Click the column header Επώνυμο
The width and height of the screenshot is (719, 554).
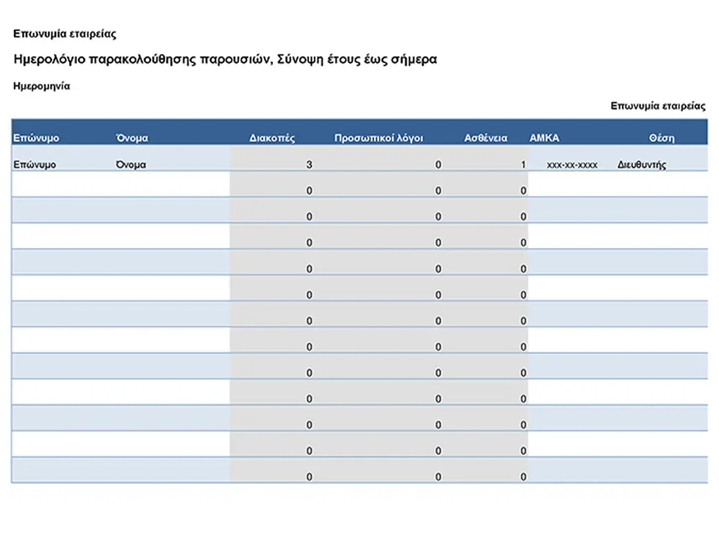[36, 138]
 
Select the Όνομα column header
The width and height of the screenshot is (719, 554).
[132, 138]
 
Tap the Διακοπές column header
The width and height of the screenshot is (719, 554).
[272, 138]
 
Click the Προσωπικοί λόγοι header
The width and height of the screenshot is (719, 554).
[378, 138]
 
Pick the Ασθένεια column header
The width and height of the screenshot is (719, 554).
[485, 138]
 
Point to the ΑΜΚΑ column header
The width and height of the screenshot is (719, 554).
[544, 138]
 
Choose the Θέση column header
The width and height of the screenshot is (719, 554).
[662, 138]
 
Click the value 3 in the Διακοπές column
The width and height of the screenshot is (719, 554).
[309, 165]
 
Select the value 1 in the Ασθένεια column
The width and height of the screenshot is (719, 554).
[524, 165]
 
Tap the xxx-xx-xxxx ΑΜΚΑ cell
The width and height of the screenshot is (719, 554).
[572, 166]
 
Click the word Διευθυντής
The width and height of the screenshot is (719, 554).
[641, 166]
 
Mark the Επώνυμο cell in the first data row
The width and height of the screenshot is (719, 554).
[35, 165]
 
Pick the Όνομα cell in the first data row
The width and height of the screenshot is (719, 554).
[131, 165]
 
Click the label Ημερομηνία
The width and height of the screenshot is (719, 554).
[42, 87]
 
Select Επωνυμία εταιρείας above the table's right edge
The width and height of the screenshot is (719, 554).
[657, 106]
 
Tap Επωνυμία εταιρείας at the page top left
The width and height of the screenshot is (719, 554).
[64, 33]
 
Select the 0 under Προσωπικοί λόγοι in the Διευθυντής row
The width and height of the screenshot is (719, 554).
[438, 165]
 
